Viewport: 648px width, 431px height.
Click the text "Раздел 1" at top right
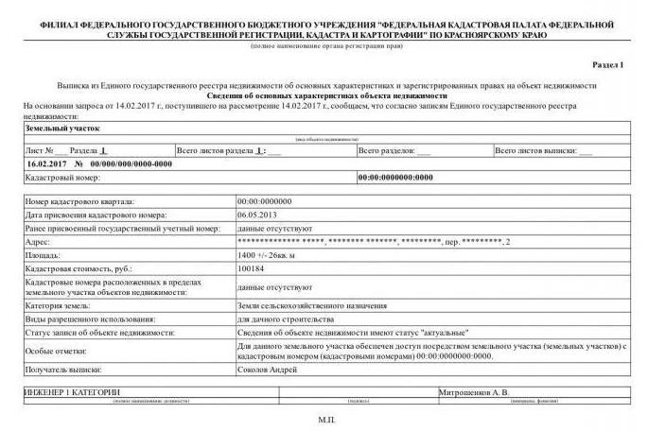tap(607, 65)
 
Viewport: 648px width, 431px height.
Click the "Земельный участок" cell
tap(61, 128)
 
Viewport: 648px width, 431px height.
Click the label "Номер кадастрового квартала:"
tap(79, 201)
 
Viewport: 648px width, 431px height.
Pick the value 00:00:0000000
tap(264, 201)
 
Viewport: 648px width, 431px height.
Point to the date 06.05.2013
tap(255, 215)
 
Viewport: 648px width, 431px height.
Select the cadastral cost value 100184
tap(252, 268)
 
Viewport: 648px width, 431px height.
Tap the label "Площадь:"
tap(44, 255)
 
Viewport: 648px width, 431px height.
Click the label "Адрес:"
tap(39, 242)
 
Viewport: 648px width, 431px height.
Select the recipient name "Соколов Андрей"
tap(267, 370)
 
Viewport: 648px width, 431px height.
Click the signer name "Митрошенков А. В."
tap(474, 391)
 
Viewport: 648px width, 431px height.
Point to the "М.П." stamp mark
tap(327, 416)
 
